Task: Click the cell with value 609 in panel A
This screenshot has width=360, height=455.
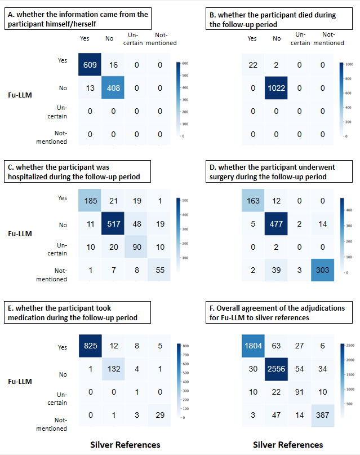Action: [x=90, y=65]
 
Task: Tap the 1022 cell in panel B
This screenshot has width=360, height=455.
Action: [x=276, y=87]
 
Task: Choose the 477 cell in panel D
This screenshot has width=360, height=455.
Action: [x=276, y=225]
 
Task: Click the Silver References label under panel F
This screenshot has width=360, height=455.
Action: [x=287, y=445]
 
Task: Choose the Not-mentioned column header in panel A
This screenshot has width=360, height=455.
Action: [x=161, y=39]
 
